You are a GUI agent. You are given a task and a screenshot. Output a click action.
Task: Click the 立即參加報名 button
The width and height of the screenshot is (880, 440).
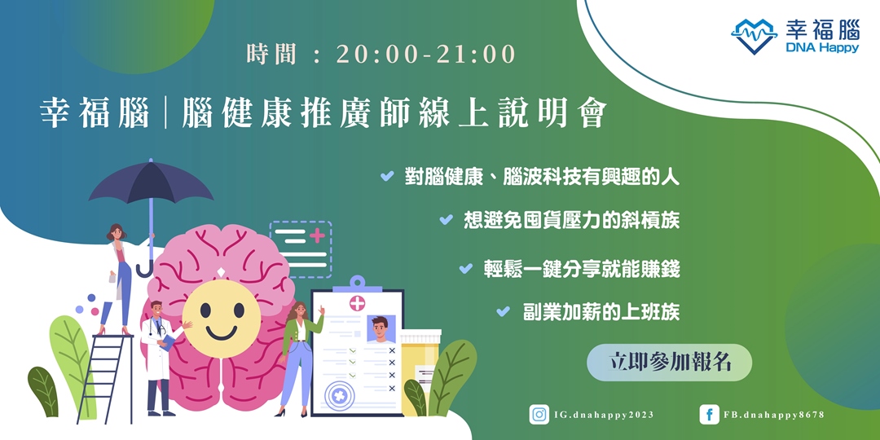coord(669,363)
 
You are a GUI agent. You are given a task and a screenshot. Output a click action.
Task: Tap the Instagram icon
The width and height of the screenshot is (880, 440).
coord(539,415)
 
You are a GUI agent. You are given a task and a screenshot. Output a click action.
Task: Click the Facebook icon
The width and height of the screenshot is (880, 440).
coord(709,415)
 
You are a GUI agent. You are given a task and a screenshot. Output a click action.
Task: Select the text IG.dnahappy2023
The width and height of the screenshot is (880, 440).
coord(604,415)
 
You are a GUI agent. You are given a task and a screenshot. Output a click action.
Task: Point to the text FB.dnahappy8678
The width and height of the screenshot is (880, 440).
coord(773,415)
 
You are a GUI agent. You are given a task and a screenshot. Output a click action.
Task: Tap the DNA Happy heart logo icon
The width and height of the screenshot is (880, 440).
coord(754,37)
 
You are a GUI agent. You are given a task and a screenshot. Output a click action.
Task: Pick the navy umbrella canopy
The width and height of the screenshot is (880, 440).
coord(151,185)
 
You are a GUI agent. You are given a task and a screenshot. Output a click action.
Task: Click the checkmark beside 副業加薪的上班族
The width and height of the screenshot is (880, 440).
coord(503,311)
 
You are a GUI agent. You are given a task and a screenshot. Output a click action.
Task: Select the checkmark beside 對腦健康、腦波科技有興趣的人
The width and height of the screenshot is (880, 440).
coord(387,176)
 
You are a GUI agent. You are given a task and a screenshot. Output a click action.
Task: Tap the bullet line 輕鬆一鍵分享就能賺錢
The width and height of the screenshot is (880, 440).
coord(581,269)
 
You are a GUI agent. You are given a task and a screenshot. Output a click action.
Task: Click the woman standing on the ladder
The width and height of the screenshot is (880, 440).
coord(119,273)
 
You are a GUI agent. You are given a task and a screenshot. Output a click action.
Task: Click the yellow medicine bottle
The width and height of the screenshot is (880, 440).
coord(420,363)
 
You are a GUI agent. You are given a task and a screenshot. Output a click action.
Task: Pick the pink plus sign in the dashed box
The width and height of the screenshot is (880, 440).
coord(317,235)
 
